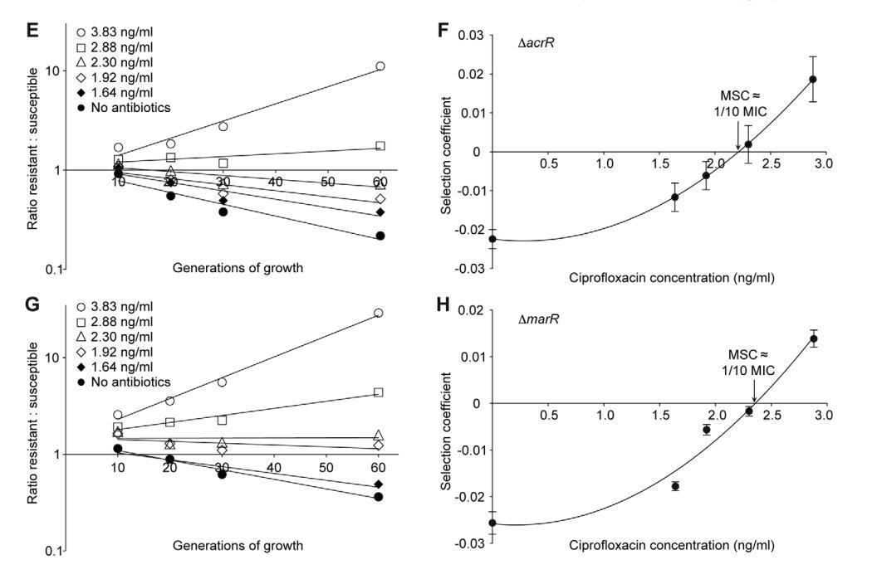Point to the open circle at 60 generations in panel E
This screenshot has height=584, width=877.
tap(380, 66)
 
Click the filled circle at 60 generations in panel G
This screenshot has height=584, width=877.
tap(380, 497)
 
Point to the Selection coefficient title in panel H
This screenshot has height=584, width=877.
tap(448, 431)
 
